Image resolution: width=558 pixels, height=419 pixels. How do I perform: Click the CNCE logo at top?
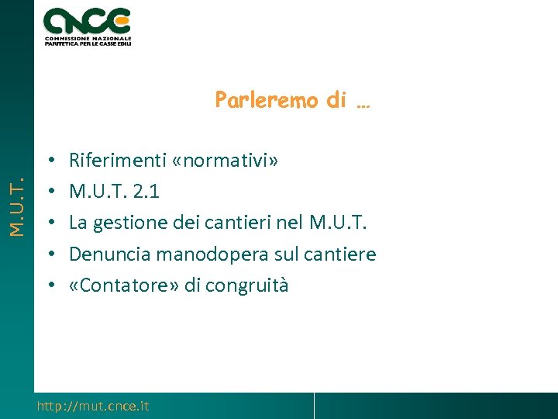pyautogui.click(x=87, y=21)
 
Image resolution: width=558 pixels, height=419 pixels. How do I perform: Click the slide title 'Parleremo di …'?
pyautogui.click(x=292, y=101)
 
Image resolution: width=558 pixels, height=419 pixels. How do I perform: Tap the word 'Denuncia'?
pyautogui.click(x=104, y=254)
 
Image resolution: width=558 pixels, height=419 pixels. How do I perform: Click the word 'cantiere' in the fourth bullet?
pyautogui.click(x=338, y=254)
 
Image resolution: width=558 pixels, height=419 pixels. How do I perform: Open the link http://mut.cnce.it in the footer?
pyautogui.click(x=93, y=406)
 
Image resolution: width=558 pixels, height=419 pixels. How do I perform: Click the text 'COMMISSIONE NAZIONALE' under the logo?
pyautogui.click(x=88, y=38)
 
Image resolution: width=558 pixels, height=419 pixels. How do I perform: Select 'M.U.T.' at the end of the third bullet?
pyautogui.click(x=337, y=223)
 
